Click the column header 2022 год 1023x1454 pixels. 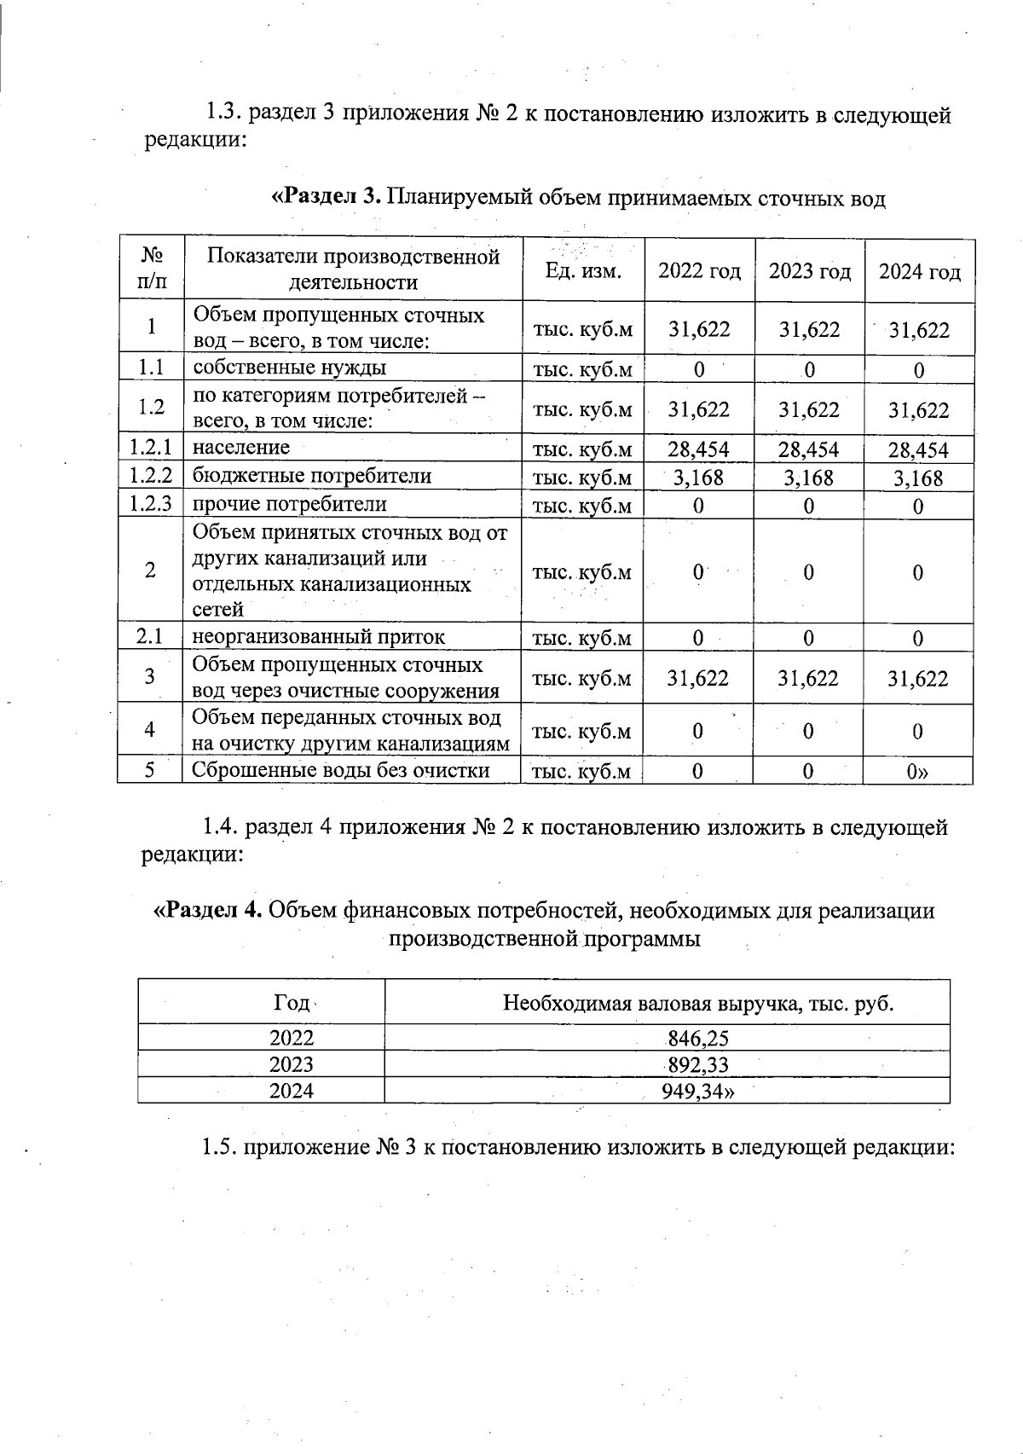[x=699, y=272]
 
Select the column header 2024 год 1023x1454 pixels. [x=919, y=272]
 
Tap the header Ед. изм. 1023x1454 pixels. [x=583, y=271]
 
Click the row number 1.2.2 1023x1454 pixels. [x=151, y=476]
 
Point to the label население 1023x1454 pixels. [x=241, y=447]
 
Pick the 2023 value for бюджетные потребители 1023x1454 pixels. [x=808, y=478]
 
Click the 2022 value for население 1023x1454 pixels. [x=698, y=449]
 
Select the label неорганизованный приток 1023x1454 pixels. [x=318, y=637]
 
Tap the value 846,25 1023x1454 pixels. [x=698, y=1038]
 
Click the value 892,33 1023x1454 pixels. [x=698, y=1064]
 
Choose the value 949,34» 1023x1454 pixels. [x=698, y=1091]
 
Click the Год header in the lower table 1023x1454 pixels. [x=292, y=1002]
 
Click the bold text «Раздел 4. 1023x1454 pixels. [x=207, y=911]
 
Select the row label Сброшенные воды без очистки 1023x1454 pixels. [x=340, y=770]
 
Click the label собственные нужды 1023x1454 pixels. [x=289, y=368]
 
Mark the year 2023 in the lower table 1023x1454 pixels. [x=292, y=1064]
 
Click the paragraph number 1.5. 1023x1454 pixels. [x=219, y=1147]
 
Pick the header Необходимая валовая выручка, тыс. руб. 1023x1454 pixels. [x=698, y=1003]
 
